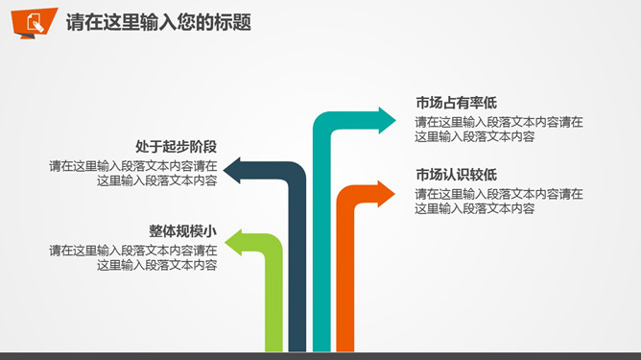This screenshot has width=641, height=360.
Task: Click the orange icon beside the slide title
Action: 35,22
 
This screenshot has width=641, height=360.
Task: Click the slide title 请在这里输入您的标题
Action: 159,22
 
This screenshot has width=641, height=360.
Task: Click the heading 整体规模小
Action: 182,231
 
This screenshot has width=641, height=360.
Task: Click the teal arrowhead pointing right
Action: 385,120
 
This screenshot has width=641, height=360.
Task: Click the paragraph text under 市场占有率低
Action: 499,130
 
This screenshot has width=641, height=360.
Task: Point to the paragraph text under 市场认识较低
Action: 499,201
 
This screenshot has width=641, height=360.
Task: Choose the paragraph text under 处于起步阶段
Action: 133,173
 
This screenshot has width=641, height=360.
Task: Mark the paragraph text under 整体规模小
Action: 133,257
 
